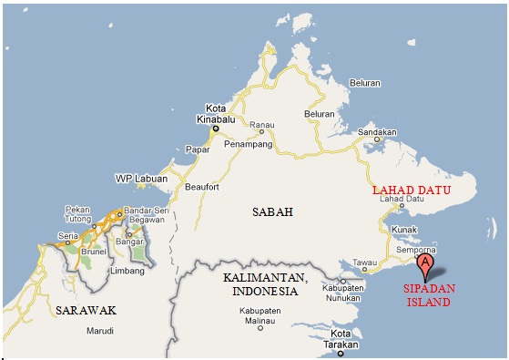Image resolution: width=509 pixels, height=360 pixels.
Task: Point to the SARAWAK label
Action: coord(85,310)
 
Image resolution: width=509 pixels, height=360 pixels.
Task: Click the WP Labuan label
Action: coord(141,178)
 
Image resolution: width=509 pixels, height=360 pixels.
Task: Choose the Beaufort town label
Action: coord(204,187)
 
